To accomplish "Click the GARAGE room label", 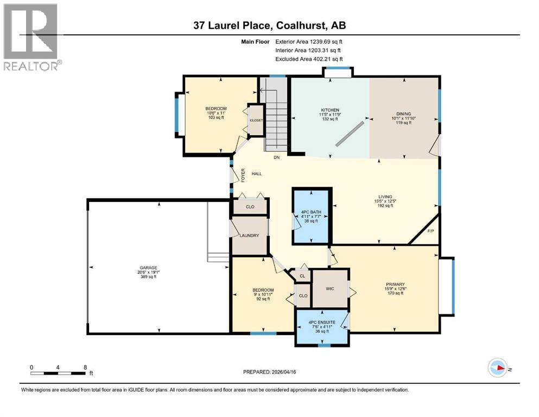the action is click(x=148, y=268).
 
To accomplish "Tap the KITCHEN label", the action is click(x=330, y=110).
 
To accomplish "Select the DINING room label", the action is click(x=403, y=114).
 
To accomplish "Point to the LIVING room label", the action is click(x=385, y=197).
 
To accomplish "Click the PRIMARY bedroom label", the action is click(x=395, y=285).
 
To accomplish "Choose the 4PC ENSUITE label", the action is click(x=322, y=323).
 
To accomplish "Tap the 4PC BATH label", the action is click(x=311, y=212).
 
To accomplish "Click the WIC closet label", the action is click(x=330, y=289).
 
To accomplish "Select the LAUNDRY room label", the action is click(x=249, y=236).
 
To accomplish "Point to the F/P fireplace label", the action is click(x=430, y=231).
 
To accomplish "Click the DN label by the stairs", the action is click(x=277, y=157).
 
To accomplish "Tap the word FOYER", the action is click(x=243, y=175).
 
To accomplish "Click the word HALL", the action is click(x=257, y=174).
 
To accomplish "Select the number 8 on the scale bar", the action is click(x=85, y=367).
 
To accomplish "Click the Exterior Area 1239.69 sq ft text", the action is click(x=309, y=42).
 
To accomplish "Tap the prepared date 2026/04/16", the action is click(x=284, y=372).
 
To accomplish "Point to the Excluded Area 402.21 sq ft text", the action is click(x=309, y=59).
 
